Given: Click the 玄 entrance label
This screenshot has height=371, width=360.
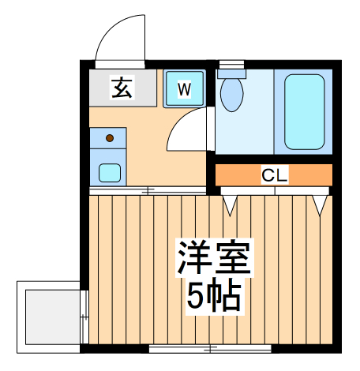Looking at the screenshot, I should pyautogui.click(x=122, y=87).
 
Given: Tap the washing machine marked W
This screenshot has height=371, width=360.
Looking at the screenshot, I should pyautogui.click(x=184, y=88).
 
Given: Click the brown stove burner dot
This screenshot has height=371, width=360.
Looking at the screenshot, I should pyautogui.click(x=110, y=138).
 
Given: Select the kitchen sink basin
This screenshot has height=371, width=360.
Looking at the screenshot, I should pyautogui.click(x=109, y=171).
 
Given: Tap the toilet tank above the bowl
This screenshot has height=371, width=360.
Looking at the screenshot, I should pyautogui.click(x=232, y=73).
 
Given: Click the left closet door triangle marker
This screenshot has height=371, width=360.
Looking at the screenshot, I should pyautogui.click(x=230, y=204).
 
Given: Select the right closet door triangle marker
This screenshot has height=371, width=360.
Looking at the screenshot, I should pyautogui.click(x=320, y=204).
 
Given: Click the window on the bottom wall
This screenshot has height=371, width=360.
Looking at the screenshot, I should pyautogui.click(x=209, y=348).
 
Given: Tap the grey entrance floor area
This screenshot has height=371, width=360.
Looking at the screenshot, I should pyautogui.click(x=103, y=87).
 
